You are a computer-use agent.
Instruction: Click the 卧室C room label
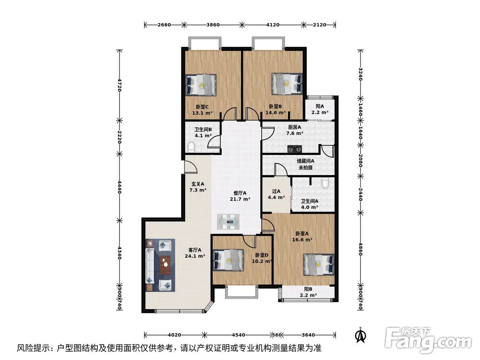(x=202, y=107)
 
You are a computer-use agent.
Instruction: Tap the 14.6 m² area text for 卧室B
(x=276, y=113)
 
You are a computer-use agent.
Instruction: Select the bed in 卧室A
(x=319, y=264)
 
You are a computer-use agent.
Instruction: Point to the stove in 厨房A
(x=295, y=149)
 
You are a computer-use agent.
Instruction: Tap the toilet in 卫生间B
(x=192, y=147)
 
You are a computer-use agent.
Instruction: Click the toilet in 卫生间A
(x=325, y=183)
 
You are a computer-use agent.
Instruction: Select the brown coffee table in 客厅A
(x=166, y=265)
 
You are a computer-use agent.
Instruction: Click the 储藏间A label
(x=305, y=161)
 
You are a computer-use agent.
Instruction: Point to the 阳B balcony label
(x=308, y=289)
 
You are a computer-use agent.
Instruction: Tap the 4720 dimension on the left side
(x=120, y=85)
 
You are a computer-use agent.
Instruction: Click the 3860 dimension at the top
(x=213, y=25)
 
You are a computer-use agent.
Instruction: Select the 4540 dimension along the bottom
(x=238, y=335)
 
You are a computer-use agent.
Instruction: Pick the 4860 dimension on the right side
(x=360, y=249)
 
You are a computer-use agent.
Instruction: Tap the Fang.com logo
(x=428, y=340)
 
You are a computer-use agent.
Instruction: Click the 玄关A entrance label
(x=198, y=184)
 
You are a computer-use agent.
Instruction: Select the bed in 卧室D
(x=228, y=260)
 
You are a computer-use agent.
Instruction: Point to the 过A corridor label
(x=276, y=192)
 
